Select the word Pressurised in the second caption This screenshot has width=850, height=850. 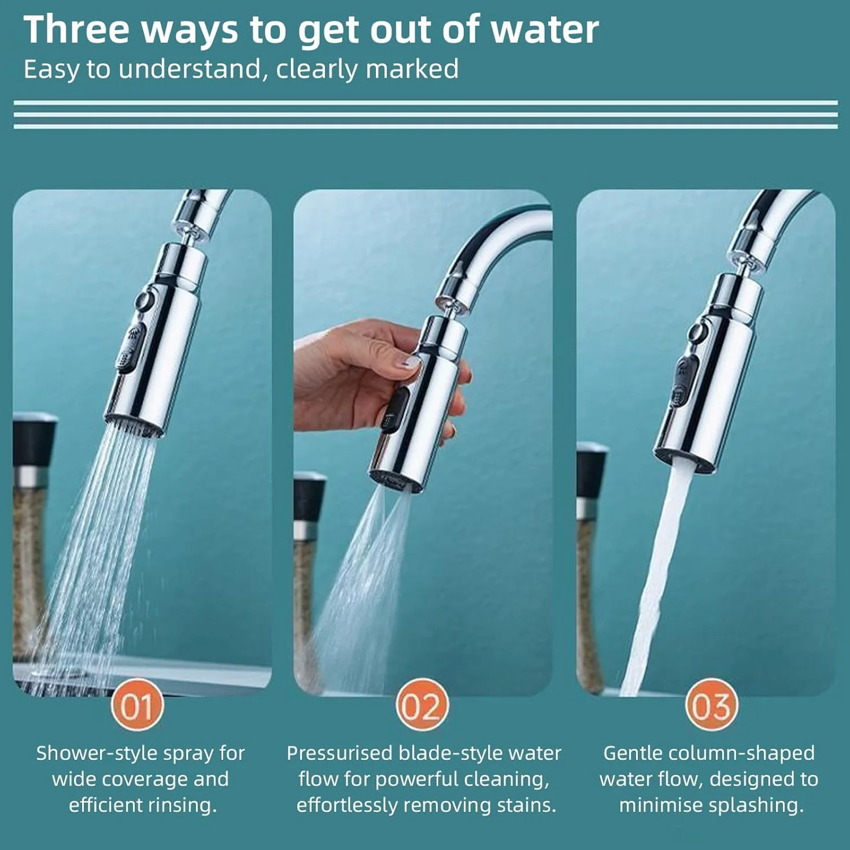point(340,753)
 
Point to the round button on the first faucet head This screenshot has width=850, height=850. point(145,301)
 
